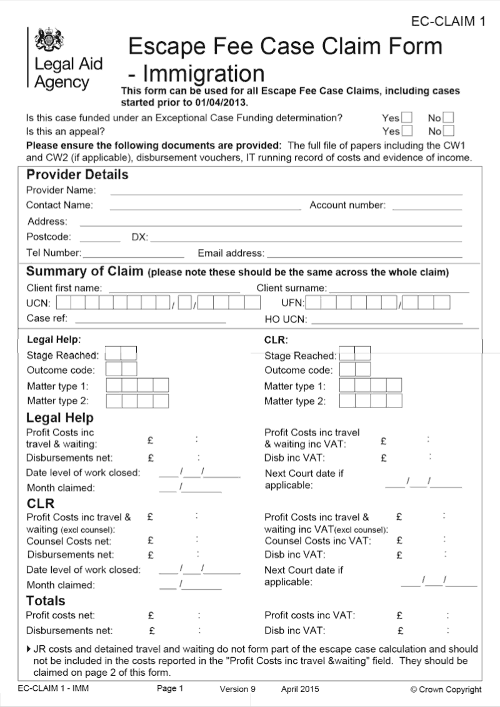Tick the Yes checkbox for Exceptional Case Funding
[407, 117]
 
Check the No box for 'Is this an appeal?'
[448, 131]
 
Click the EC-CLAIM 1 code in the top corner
[448, 22]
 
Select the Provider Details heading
[77, 175]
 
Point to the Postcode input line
[100, 240]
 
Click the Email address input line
[364, 256]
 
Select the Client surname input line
[398, 291]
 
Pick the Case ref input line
[150, 321]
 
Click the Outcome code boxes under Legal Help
[121, 369]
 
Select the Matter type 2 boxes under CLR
[370, 401]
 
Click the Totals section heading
[46, 601]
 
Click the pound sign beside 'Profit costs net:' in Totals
[151, 616]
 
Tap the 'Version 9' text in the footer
[237, 689]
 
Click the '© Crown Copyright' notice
[446, 690]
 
